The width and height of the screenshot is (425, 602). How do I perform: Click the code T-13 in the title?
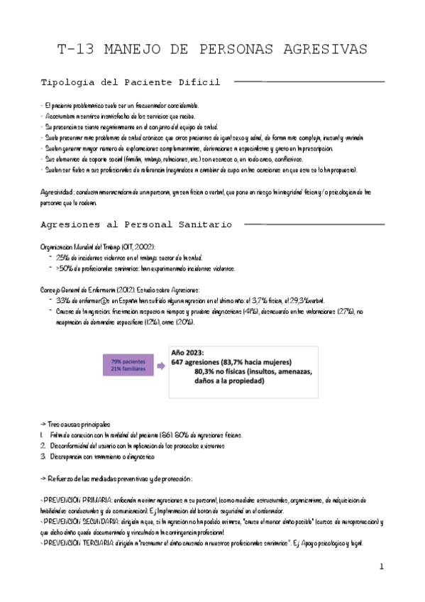coord(75,49)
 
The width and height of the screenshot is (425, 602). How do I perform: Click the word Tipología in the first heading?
coord(71,83)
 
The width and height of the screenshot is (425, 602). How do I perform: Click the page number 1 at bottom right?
coord(381,567)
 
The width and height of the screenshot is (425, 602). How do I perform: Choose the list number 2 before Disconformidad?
coord(43,445)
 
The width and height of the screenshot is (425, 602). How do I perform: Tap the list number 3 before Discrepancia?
coord(43,456)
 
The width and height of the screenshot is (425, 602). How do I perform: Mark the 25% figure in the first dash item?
coord(62,256)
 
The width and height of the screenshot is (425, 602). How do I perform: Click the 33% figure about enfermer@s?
coord(62,300)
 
